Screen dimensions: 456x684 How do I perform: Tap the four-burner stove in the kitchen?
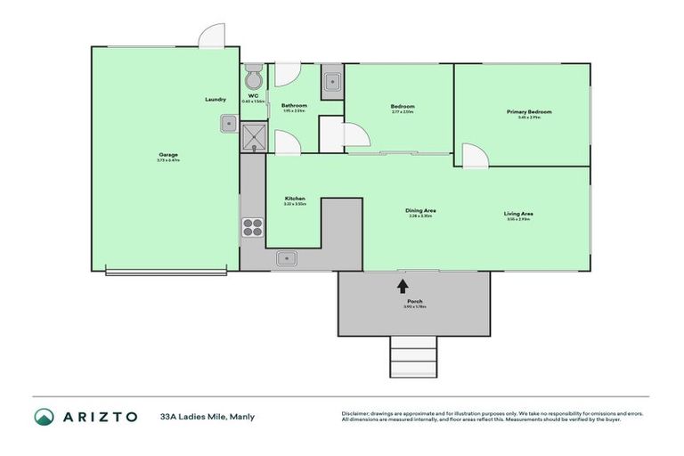pos(252,226)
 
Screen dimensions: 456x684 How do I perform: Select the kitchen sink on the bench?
pos(288,258)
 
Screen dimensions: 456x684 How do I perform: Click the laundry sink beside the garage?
pos(229,123)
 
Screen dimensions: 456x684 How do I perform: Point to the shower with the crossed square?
pos(253,135)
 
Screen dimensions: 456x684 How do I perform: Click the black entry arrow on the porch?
pos(403,285)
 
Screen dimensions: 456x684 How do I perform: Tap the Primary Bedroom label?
pos(529,112)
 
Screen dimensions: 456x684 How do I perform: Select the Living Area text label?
pos(518,214)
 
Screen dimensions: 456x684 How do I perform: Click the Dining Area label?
pos(421,210)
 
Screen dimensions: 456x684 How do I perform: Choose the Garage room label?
pos(167,155)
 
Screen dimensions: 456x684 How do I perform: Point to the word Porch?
pos(413,301)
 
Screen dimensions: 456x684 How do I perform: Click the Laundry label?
pos(215,99)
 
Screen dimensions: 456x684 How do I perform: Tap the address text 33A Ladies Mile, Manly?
pos(201,416)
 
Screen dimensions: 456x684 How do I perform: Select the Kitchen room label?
pos(295,198)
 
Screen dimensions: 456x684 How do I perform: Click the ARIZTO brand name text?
pos(100,416)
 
